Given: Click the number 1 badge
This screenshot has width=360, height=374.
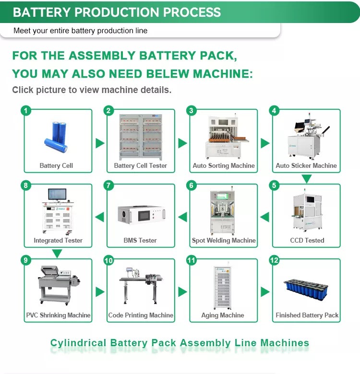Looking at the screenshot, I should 26,111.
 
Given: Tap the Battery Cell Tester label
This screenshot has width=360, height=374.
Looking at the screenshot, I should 140,165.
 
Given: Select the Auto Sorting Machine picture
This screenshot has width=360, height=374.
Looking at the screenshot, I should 223,137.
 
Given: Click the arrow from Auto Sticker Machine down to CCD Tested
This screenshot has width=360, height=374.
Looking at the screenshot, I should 307,179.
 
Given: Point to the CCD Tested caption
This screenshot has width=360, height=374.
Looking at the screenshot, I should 307,240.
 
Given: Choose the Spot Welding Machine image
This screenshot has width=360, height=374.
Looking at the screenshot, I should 223,212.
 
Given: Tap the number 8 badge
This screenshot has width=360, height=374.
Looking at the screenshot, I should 26,186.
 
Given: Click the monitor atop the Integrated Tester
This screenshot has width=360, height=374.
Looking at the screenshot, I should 57,195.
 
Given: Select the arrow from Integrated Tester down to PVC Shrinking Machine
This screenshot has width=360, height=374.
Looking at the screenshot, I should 58,254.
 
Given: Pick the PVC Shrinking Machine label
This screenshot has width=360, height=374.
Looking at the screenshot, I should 58,315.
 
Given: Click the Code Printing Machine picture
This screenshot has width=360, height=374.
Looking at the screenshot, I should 140,287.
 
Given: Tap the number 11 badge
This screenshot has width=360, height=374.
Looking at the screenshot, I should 192,260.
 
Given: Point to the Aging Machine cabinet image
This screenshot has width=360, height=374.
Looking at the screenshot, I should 223,287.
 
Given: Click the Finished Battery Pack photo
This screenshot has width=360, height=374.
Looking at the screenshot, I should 306,291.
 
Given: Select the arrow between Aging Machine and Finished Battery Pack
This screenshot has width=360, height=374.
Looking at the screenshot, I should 265,292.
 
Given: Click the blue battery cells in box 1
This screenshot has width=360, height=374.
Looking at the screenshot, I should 56,137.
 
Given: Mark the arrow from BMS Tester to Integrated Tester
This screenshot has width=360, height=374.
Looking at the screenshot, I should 99,217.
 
